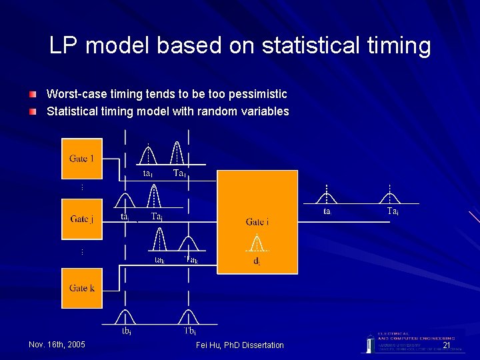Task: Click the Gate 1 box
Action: (x=82, y=159)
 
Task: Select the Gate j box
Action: (x=82, y=219)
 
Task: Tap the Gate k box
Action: (x=82, y=288)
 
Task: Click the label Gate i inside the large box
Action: (x=257, y=221)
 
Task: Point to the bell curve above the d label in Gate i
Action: (x=257, y=243)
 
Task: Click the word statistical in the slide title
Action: (x=303, y=46)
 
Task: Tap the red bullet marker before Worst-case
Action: (x=33, y=94)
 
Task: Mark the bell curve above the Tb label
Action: (x=189, y=315)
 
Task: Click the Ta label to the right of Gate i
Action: (x=393, y=211)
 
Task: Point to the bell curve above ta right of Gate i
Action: (x=327, y=196)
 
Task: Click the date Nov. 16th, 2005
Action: (x=57, y=345)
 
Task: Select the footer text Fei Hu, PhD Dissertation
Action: (x=240, y=345)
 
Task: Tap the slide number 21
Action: (x=447, y=345)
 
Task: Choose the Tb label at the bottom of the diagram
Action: (x=189, y=330)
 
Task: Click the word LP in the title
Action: (x=65, y=46)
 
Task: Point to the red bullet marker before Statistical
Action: (x=33, y=111)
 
